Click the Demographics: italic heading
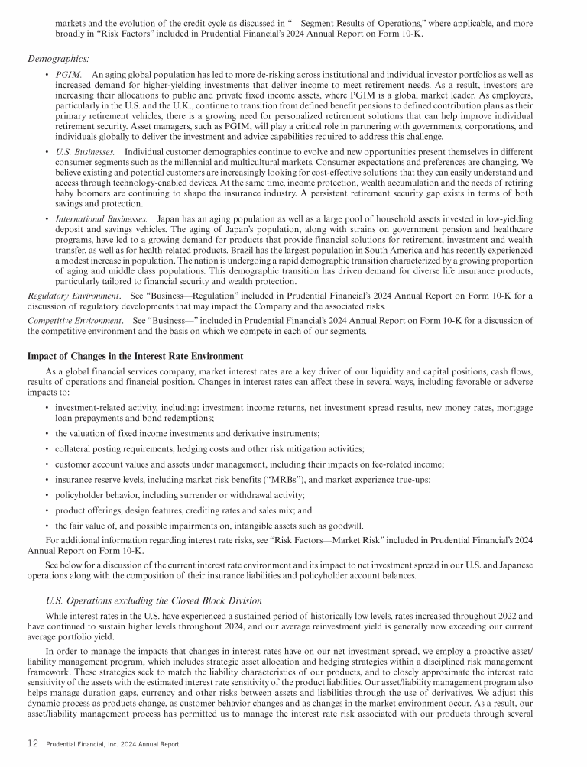58,58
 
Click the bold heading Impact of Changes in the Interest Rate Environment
135,356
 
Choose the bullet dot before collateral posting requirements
47,448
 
